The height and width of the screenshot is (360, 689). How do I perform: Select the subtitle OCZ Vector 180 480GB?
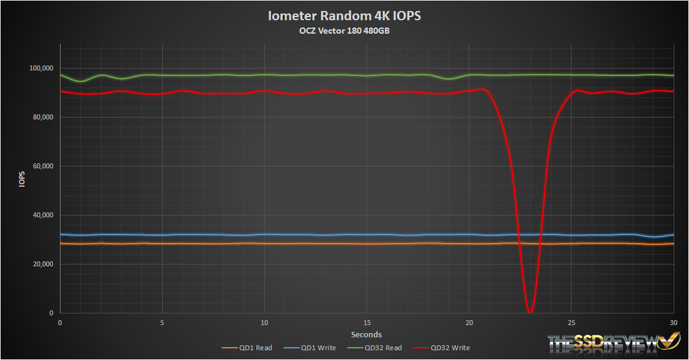pyautogui.click(x=344, y=31)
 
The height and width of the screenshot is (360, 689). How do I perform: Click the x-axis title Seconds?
pyautogui.click(x=367, y=334)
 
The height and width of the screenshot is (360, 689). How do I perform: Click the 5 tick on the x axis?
pyautogui.click(x=162, y=322)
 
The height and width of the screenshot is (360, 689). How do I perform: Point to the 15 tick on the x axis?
pyautogui.click(x=367, y=322)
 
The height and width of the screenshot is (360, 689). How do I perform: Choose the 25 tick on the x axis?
pyautogui.click(x=571, y=322)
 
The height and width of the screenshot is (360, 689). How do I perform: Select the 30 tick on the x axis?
pyautogui.click(x=673, y=322)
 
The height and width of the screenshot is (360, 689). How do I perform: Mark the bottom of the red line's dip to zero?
pyautogui.click(x=530, y=312)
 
